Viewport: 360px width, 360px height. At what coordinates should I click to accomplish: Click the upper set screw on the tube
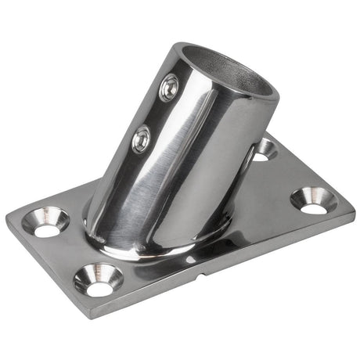point(168,88)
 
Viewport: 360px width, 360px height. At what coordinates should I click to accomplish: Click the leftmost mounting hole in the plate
point(46,221)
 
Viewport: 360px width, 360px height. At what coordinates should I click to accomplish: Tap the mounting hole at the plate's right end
point(315,200)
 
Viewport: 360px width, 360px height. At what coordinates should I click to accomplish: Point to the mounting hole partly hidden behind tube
point(265,149)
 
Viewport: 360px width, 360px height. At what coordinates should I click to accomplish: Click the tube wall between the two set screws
point(155,114)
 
